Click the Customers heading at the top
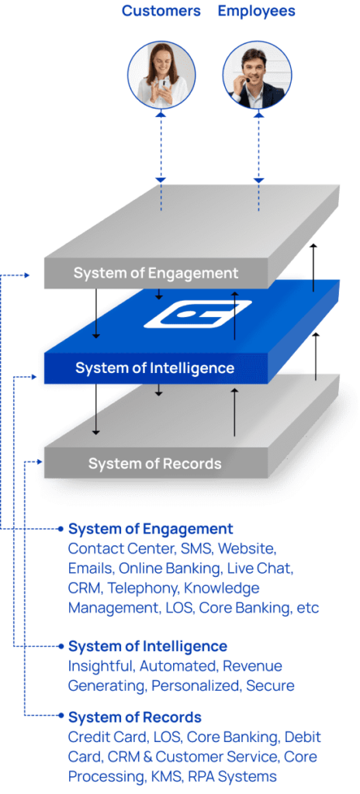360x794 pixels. tap(161, 11)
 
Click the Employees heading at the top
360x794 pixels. tap(257, 11)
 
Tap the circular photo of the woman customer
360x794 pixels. tap(161, 74)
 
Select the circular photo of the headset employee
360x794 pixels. tap(258, 74)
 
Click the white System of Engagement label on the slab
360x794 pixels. tap(156, 274)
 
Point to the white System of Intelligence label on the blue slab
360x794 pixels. tap(154, 368)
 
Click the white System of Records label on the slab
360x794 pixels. tap(154, 464)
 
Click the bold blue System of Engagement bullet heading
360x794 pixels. tap(151, 529)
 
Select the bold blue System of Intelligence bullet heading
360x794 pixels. tap(147, 646)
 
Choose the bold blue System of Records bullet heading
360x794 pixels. tap(135, 717)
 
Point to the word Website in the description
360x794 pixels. tap(246, 548)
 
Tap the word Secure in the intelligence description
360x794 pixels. tap(270, 686)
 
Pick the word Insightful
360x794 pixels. tap(101, 666)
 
